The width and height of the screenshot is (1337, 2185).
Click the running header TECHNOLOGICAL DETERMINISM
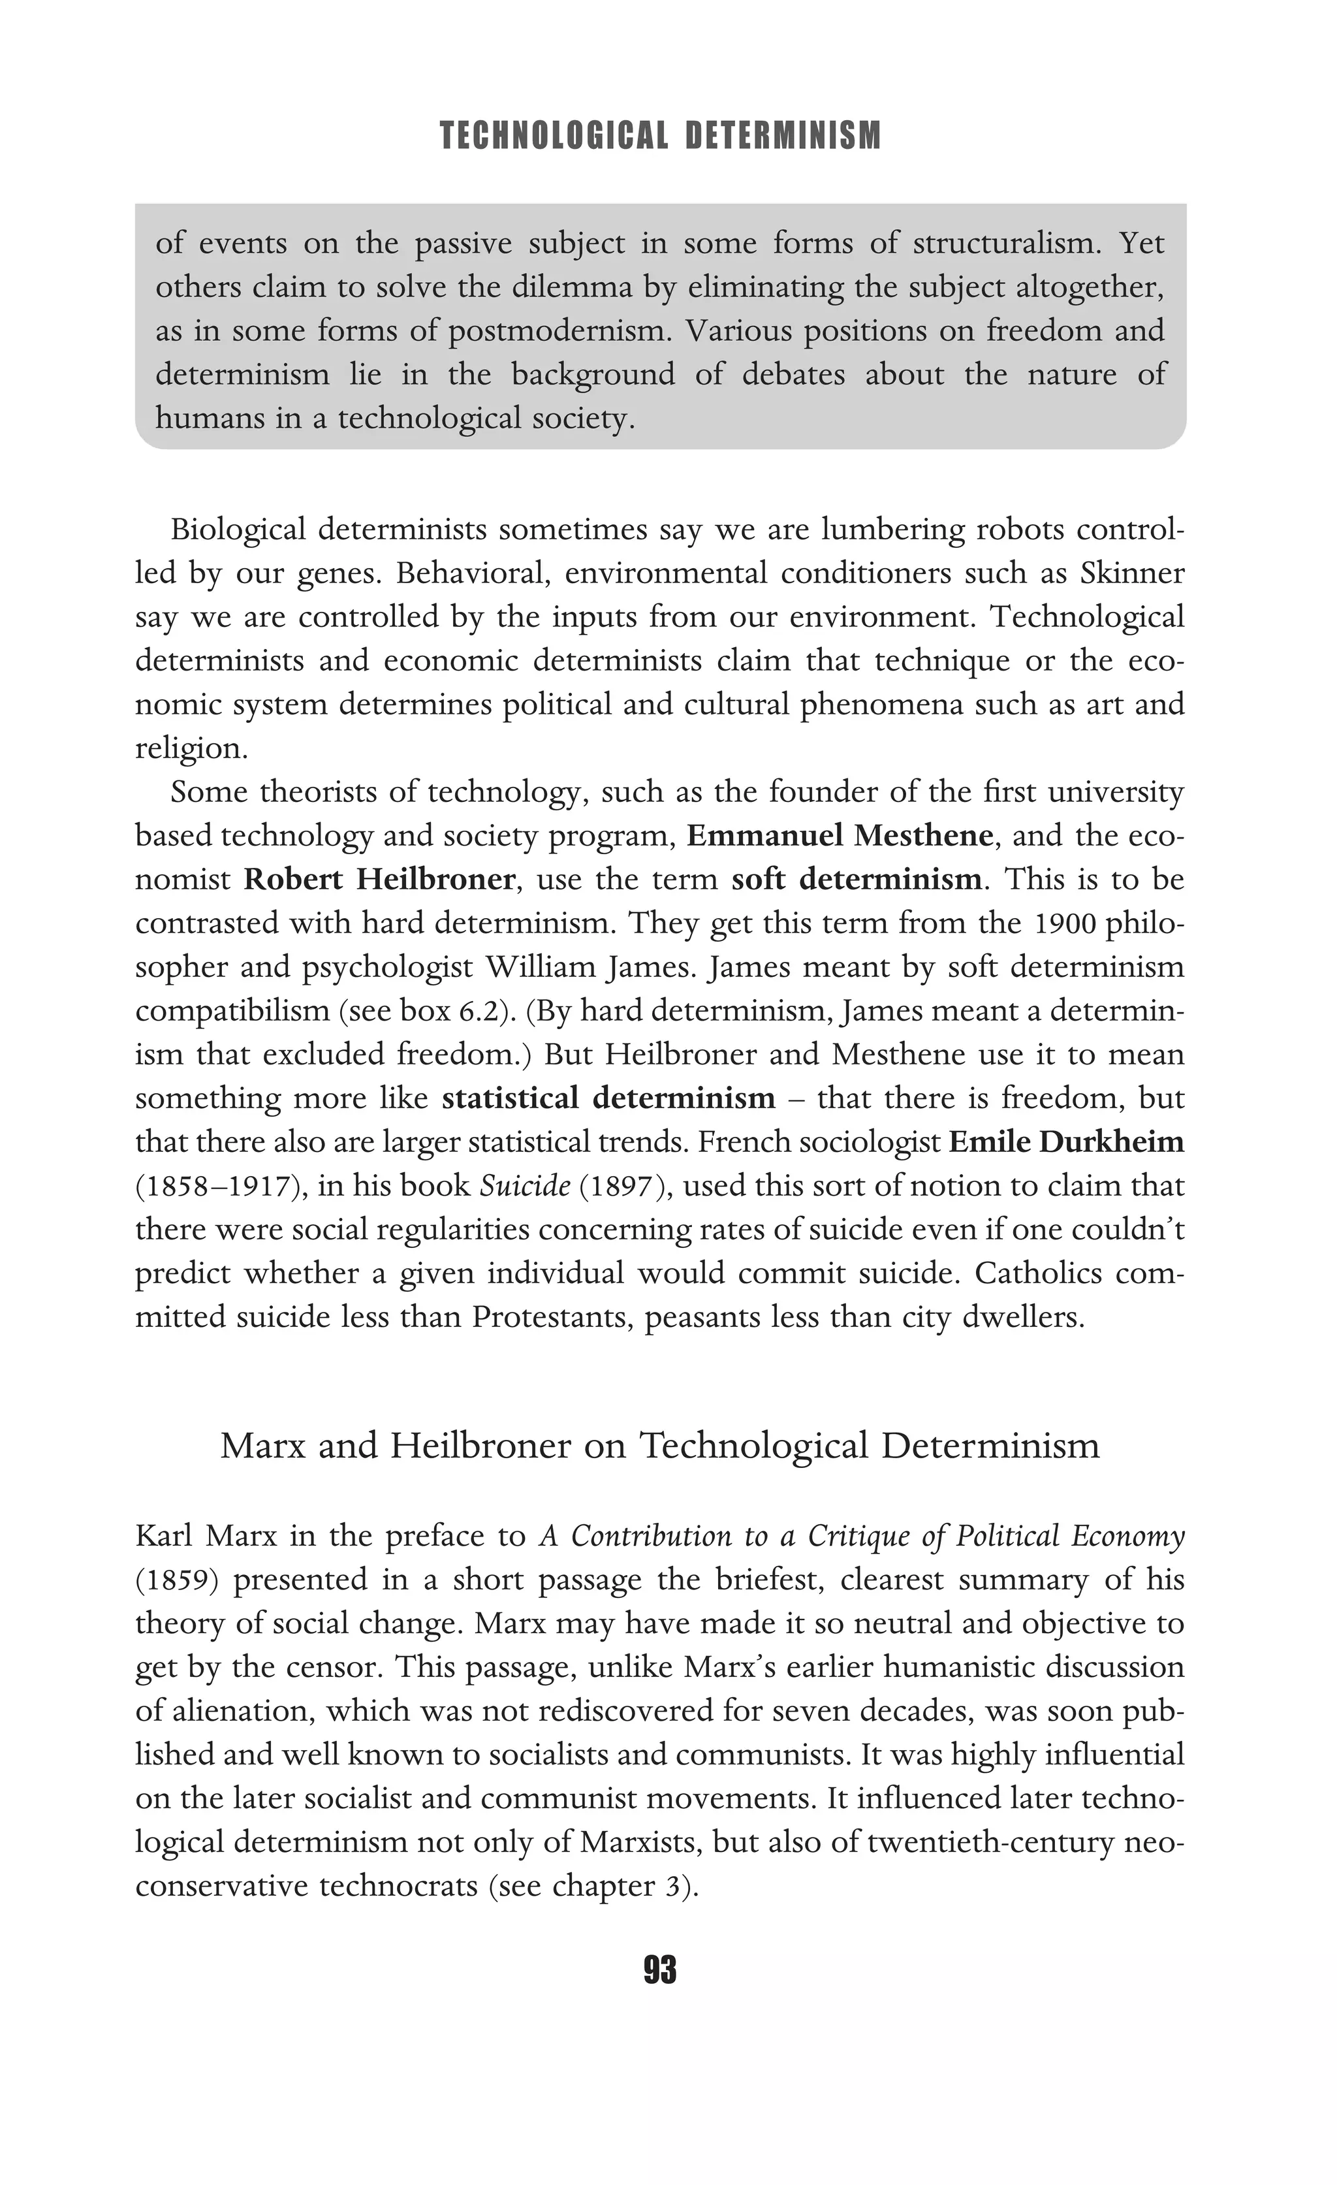coord(661,136)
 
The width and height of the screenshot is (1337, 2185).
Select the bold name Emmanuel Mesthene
coord(839,835)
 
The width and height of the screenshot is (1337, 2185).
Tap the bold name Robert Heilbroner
coord(379,879)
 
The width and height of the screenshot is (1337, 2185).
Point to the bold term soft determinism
coord(857,879)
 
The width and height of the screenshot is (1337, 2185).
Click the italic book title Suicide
coord(524,1186)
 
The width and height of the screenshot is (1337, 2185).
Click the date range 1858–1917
coord(215,1186)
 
